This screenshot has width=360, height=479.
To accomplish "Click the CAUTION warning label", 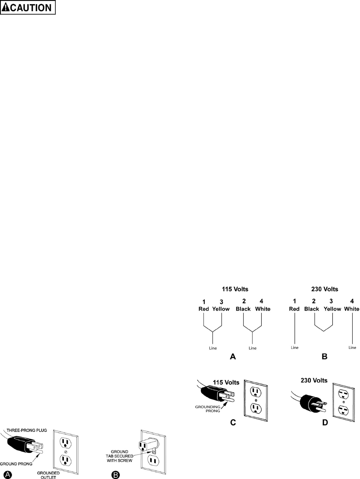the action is pyautogui.click(x=28, y=8).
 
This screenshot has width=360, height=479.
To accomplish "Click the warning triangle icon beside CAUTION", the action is pyautogui.click(x=6, y=8).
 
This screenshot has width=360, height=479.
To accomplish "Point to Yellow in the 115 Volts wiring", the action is pyautogui.click(x=221, y=309).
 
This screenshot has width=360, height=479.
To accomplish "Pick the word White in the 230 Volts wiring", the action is pyautogui.click(x=352, y=309).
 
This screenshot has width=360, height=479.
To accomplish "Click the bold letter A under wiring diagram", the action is pyautogui.click(x=233, y=357).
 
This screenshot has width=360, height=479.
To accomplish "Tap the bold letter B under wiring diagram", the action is pyautogui.click(x=325, y=357).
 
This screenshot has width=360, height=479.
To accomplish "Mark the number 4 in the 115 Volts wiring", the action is pyautogui.click(x=261, y=302).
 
